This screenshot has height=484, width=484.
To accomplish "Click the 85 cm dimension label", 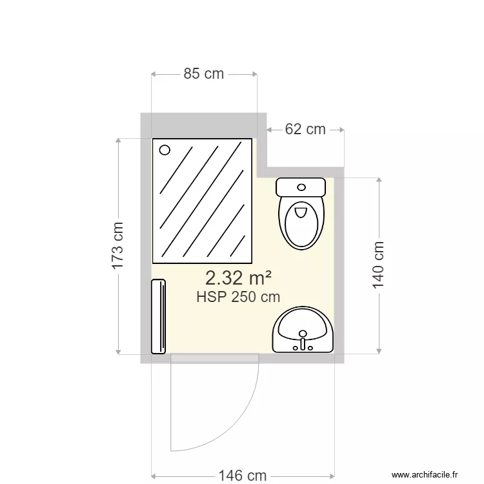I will [204, 74].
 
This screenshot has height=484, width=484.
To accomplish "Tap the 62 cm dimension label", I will [305, 129].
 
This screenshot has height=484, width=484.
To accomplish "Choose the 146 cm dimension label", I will [242, 476].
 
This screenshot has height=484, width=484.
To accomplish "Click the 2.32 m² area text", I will [237, 278].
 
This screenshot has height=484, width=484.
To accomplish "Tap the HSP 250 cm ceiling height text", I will [238, 297].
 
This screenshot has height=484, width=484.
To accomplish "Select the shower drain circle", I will [165, 150].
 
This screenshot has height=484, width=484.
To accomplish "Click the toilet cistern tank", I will [301, 187].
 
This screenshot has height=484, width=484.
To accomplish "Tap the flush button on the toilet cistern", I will [301, 187].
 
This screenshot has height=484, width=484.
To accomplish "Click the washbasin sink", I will [303, 329].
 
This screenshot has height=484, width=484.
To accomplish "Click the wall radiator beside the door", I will [159, 316].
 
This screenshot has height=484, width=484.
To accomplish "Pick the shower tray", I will [202, 200].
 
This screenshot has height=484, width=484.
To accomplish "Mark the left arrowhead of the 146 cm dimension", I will [153, 476].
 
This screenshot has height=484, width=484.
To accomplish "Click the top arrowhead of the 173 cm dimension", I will [118, 140].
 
